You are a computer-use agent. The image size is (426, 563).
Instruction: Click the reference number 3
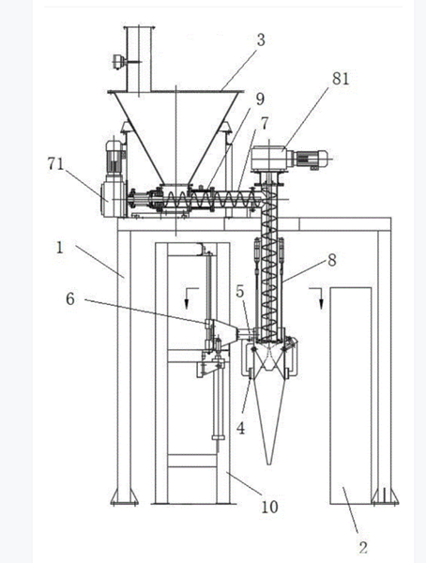(x=261, y=39)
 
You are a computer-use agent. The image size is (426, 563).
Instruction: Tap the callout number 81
(x=341, y=78)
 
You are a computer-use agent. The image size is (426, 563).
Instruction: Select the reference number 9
(x=259, y=99)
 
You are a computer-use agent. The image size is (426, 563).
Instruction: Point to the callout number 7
(x=264, y=124)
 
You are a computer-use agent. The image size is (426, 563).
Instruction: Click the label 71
(x=55, y=164)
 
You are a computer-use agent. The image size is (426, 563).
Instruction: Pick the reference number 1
(x=60, y=248)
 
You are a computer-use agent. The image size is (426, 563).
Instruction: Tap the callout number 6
(x=70, y=298)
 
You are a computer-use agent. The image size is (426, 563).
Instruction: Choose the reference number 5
(x=240, y=292)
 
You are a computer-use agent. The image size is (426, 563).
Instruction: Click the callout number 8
(x=332, y=260)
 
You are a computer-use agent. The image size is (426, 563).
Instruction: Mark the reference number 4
(x=240, y=428)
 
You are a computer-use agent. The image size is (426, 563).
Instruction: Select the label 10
(x=269, y=507)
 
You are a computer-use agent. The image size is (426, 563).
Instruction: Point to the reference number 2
(x=363, y=548)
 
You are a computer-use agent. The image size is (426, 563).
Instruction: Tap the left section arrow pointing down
(x=190, y=297)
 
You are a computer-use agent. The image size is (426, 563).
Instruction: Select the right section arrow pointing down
(x=318, y=297)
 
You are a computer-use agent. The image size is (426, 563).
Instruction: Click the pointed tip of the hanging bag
(x=269, y=464)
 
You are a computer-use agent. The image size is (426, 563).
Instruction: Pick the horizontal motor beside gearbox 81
(x=312, y=159)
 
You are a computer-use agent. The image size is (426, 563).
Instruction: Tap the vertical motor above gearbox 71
(x=114, y=158)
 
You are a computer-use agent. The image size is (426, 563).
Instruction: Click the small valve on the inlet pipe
(x=117, y=62)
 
